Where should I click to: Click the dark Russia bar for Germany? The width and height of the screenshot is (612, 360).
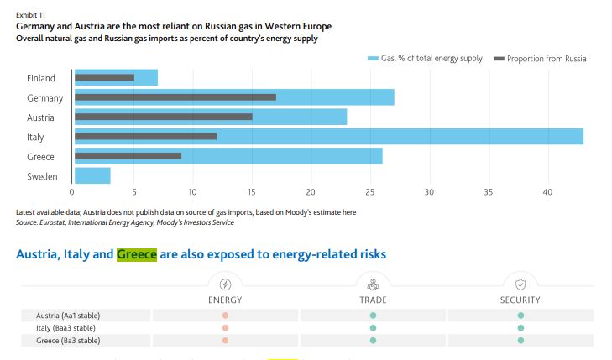click(175, 97)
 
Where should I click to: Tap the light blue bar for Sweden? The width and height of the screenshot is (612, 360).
click(92, 175)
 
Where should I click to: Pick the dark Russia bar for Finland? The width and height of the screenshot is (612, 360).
click(104, 78)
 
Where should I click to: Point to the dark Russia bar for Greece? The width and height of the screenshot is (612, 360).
click(128, 156)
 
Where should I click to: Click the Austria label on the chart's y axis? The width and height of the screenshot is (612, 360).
click(41, 117)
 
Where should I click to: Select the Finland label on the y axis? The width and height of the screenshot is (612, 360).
click(41, 78)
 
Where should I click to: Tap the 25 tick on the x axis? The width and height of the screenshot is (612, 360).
click(370, 191)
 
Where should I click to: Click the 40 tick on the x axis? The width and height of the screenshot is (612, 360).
click(547, 191)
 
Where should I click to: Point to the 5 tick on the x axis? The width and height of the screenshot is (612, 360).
click(133, 191)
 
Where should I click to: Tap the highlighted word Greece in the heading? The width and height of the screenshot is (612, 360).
click(136, 253)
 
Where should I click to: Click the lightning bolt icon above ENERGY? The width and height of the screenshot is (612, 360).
click(225, 284)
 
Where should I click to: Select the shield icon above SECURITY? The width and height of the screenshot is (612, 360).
click(520, 284)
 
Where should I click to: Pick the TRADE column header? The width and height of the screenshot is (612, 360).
click(373, 300)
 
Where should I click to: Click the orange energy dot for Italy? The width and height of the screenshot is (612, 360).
click(225, 327)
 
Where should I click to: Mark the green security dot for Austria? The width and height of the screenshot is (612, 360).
click(520, 315)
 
